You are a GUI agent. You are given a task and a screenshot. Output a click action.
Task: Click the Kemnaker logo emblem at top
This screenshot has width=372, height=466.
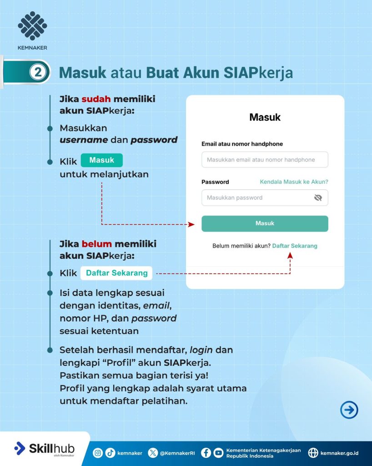[x=32, y=26]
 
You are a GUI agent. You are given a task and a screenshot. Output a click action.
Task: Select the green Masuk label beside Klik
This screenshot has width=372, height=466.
[x=101, y=160]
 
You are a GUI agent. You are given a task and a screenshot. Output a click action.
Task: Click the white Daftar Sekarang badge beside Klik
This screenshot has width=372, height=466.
[x=116, y=273]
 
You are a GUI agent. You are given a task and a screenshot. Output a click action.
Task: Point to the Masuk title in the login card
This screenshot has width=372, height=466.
[x=265, y=117]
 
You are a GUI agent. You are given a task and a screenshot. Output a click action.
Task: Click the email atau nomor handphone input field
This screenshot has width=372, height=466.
[x=265, y=160]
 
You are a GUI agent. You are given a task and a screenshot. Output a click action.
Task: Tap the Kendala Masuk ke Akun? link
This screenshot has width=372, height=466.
[x=294, y=182]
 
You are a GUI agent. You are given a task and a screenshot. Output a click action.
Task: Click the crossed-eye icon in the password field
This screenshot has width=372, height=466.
[x=318, y=198]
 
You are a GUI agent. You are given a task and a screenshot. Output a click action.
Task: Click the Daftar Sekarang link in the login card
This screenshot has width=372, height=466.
[x=295, y=246]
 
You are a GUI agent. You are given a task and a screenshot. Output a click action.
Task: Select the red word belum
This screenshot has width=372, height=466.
[x=97, y=244]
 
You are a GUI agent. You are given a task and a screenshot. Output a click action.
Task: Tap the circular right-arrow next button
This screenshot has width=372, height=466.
[x=349, y=410]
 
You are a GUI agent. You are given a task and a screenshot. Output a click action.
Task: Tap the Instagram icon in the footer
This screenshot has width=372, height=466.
[x=98, y=453]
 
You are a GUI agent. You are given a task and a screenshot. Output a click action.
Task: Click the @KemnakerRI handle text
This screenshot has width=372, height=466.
[x=177, y=453]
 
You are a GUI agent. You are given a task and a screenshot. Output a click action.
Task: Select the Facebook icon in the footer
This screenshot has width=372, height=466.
[x=206, y=453]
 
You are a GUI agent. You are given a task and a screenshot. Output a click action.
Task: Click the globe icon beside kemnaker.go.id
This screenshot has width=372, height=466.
[x=313, y=453]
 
